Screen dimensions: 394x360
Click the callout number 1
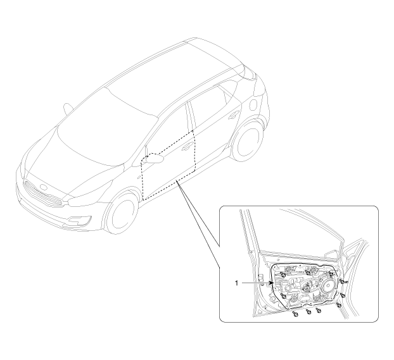point(236,283)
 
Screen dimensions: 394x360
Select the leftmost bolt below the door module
point(295,314)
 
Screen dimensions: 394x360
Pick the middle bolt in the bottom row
point(308,311)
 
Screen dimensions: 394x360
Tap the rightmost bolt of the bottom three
point(319,311)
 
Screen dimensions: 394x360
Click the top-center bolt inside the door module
point(308,272)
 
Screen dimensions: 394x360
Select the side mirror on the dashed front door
point(155,159)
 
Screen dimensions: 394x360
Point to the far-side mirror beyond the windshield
point(68,108)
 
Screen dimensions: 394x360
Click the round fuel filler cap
point(254,104)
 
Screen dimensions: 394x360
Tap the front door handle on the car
point(187,147)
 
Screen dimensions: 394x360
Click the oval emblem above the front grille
point(44,187)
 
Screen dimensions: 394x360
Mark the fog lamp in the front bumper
point(80,220)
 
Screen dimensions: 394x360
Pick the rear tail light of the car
point(250,72)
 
